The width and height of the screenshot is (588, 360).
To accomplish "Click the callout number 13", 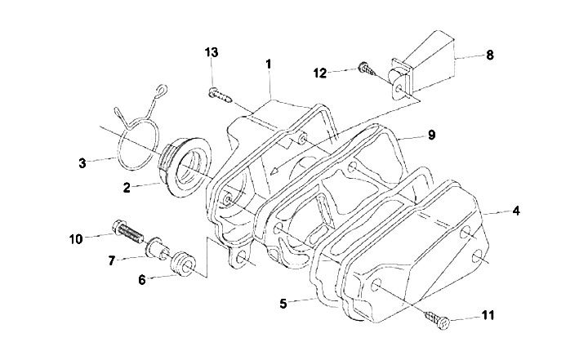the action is [212, 52].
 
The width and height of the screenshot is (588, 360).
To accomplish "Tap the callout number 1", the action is [268, 64].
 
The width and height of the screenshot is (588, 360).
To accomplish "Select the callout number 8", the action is [490, 56].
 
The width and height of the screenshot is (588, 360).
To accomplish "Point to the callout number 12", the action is [320, 73].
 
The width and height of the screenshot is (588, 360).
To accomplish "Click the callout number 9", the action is [431, 135].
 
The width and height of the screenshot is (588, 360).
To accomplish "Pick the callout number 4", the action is [516, 211].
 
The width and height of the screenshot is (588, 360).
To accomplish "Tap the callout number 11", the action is [488, 315].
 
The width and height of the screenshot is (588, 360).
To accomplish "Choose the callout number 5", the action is [283, 304].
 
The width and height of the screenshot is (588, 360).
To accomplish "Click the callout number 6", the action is [142, 279].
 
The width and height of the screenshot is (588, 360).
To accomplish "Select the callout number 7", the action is [111, 260].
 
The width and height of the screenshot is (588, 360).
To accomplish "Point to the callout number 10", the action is [76, 239].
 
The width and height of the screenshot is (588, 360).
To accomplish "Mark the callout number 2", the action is [127, 188].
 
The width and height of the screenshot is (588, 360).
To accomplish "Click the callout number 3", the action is [82, 163].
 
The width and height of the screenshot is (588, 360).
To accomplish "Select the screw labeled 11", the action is [438, 320].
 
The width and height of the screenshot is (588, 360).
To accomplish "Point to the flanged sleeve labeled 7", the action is [158, 248].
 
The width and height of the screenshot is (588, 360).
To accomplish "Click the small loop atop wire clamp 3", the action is [162, 90].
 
